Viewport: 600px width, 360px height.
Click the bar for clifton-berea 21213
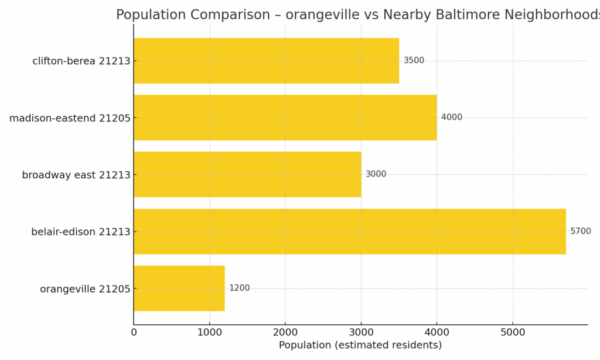tap(266, 60)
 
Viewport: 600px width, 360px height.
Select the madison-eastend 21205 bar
tap(285, 117)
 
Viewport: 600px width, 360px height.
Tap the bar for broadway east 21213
tap(247, 174)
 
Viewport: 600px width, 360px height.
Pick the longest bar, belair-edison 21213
tap(349, 231)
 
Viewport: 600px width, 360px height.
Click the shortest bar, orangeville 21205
tap(179, 288)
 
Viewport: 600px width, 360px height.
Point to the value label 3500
tap(414, 60)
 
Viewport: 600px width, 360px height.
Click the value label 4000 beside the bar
tap(451, 117)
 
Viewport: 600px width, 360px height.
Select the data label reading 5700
tap(580, 231)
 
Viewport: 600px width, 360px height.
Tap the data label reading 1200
tap(239, 288)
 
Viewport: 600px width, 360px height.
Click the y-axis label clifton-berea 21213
tap(81, 61)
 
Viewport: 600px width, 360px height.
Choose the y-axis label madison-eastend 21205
tap(69, 118)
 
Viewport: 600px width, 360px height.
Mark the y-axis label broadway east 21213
tap(76, 175)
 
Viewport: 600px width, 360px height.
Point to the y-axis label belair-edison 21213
tap(80, 232)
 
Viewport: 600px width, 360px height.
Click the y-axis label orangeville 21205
tap(85, 288)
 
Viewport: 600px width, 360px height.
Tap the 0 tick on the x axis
tap(134, 332)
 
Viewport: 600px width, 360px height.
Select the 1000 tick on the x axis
tap(209, 332)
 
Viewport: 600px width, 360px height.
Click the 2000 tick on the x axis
tap(285, 332)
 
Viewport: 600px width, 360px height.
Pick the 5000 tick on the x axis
tap(513, 332)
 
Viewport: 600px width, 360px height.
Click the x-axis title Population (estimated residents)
tap(360, 345)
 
